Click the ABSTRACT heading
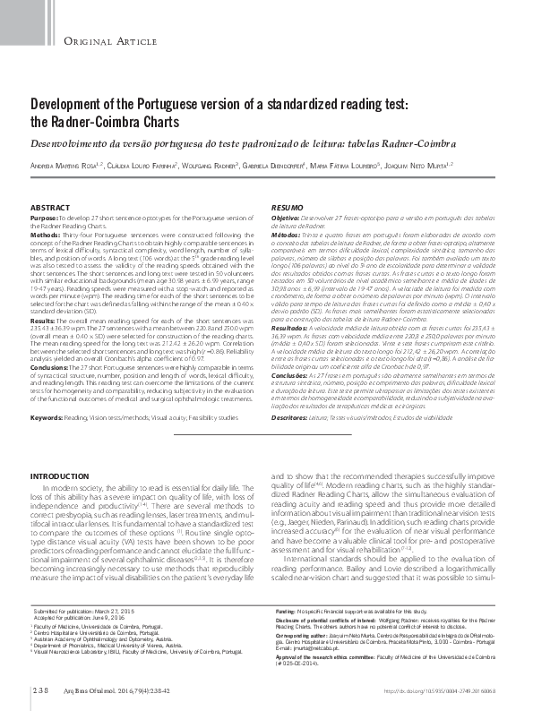pyautogui.click(x=49, y=208)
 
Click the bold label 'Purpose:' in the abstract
pyautogui.click(x=45, y=218)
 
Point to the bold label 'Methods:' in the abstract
pyautogui.click(x=46, y=233)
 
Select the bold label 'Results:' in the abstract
pyautogui.click(x=44, y=320)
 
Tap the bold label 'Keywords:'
pyautogui.click(x=49, y=417)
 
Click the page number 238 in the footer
pyautogui.click(x=41, y=691)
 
